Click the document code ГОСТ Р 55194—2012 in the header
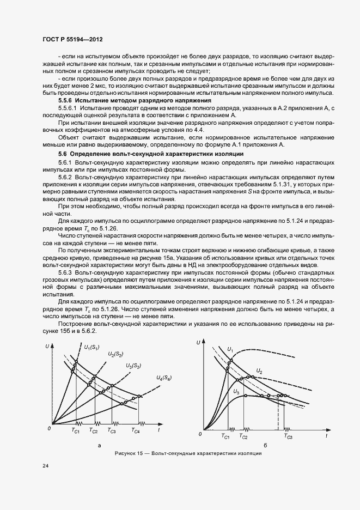coord(72,40)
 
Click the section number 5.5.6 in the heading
coord(65,101)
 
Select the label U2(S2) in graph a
coord(115,355)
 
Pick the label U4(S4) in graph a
coord(163,378)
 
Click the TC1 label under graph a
coord(76,431)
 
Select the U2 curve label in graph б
coord(259,371)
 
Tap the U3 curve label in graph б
coord(236,391)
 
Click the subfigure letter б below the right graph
coord(264,446)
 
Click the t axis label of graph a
coord(158,430)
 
